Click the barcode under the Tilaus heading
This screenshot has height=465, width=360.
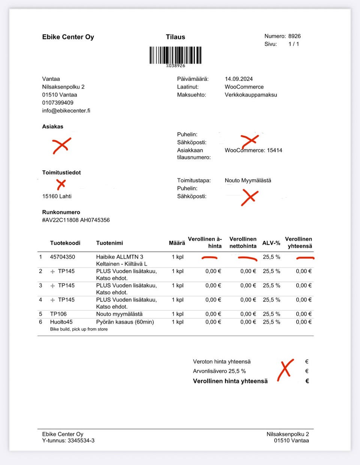pyautogui.click(x=175, y=55)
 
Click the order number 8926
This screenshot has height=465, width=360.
pyautogui.click(x=294, y=36)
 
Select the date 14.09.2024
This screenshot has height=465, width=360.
pyautogui.click(x=238, y=79)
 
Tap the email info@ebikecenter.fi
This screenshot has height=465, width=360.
pyautogui.click(x=66, y=111)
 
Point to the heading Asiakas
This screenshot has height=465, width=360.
pyautogui.click(x=52, y=127)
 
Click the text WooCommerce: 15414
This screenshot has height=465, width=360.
pyautogui.click(x=253, y=150)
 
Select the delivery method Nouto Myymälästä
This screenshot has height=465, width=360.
pyautogui.click(x=248, y=181)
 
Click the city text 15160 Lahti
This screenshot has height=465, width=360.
pyautogui.click(x=57, y=196)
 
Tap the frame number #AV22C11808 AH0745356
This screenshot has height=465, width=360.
pyautogui.click(x=76, y=220)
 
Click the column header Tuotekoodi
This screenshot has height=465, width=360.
pyautogui.click(x=65, y=243)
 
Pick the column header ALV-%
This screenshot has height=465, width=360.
pyautogui.click(x=271, y=243)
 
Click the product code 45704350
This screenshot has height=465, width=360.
pyautogui.click(x=63, y=257)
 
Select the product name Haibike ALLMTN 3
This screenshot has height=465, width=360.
pyautogui.click(x=120, y=257)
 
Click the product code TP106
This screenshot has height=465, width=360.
pyautogui.click(x=58, y=314)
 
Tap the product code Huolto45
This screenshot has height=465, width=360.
pyautogui.click(x=61, y=322)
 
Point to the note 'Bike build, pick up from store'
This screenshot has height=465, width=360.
pyautogui.click(x=79, y=329)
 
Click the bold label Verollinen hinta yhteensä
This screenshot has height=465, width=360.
pyautogui.click(x=230, y=381)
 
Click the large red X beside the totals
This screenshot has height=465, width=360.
pyautogui.click(x=285, y=370)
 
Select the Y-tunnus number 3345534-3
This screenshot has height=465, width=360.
pyautogui.click(x=81, y=441)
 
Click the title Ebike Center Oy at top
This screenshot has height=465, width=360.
pyautogui.click(x=68, y=37)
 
